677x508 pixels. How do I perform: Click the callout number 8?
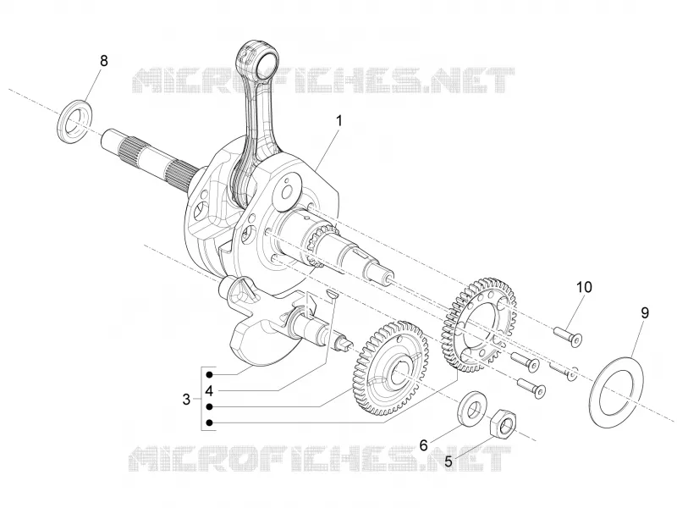pos(103,61)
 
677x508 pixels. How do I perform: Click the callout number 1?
pos(339,120)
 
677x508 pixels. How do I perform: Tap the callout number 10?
pos(584,287)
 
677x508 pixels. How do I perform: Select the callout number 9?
pos(645,312)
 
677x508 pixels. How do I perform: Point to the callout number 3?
pos(186,399)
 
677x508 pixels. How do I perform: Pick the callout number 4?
pos(209,391)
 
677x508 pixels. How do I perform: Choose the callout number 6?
pos(423,444)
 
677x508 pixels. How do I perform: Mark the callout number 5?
pos(449,461)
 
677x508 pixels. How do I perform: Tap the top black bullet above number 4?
pos(209,374)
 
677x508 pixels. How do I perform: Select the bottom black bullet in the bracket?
pos(209,422)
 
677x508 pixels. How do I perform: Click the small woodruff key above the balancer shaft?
pos(332,293)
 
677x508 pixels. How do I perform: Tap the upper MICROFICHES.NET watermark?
pos(323,80)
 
